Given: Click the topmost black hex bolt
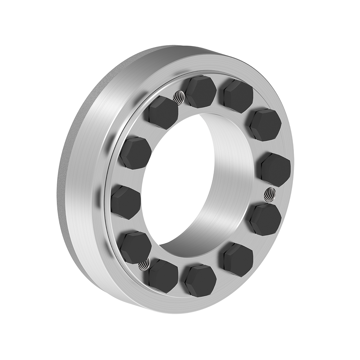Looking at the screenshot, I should click(x=201, y=91).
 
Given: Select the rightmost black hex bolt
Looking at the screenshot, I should click(x=275, y=169).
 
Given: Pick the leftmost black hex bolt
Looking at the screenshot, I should click(x=125, y=203).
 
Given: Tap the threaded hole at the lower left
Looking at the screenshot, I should click(x=144, y=265).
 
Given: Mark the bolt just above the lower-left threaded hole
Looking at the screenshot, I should click(x=135, y=248).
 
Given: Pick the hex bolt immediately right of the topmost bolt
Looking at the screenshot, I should click(x=238, y=96).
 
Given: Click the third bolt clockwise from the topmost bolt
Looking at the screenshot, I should click(x=275, y=169).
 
